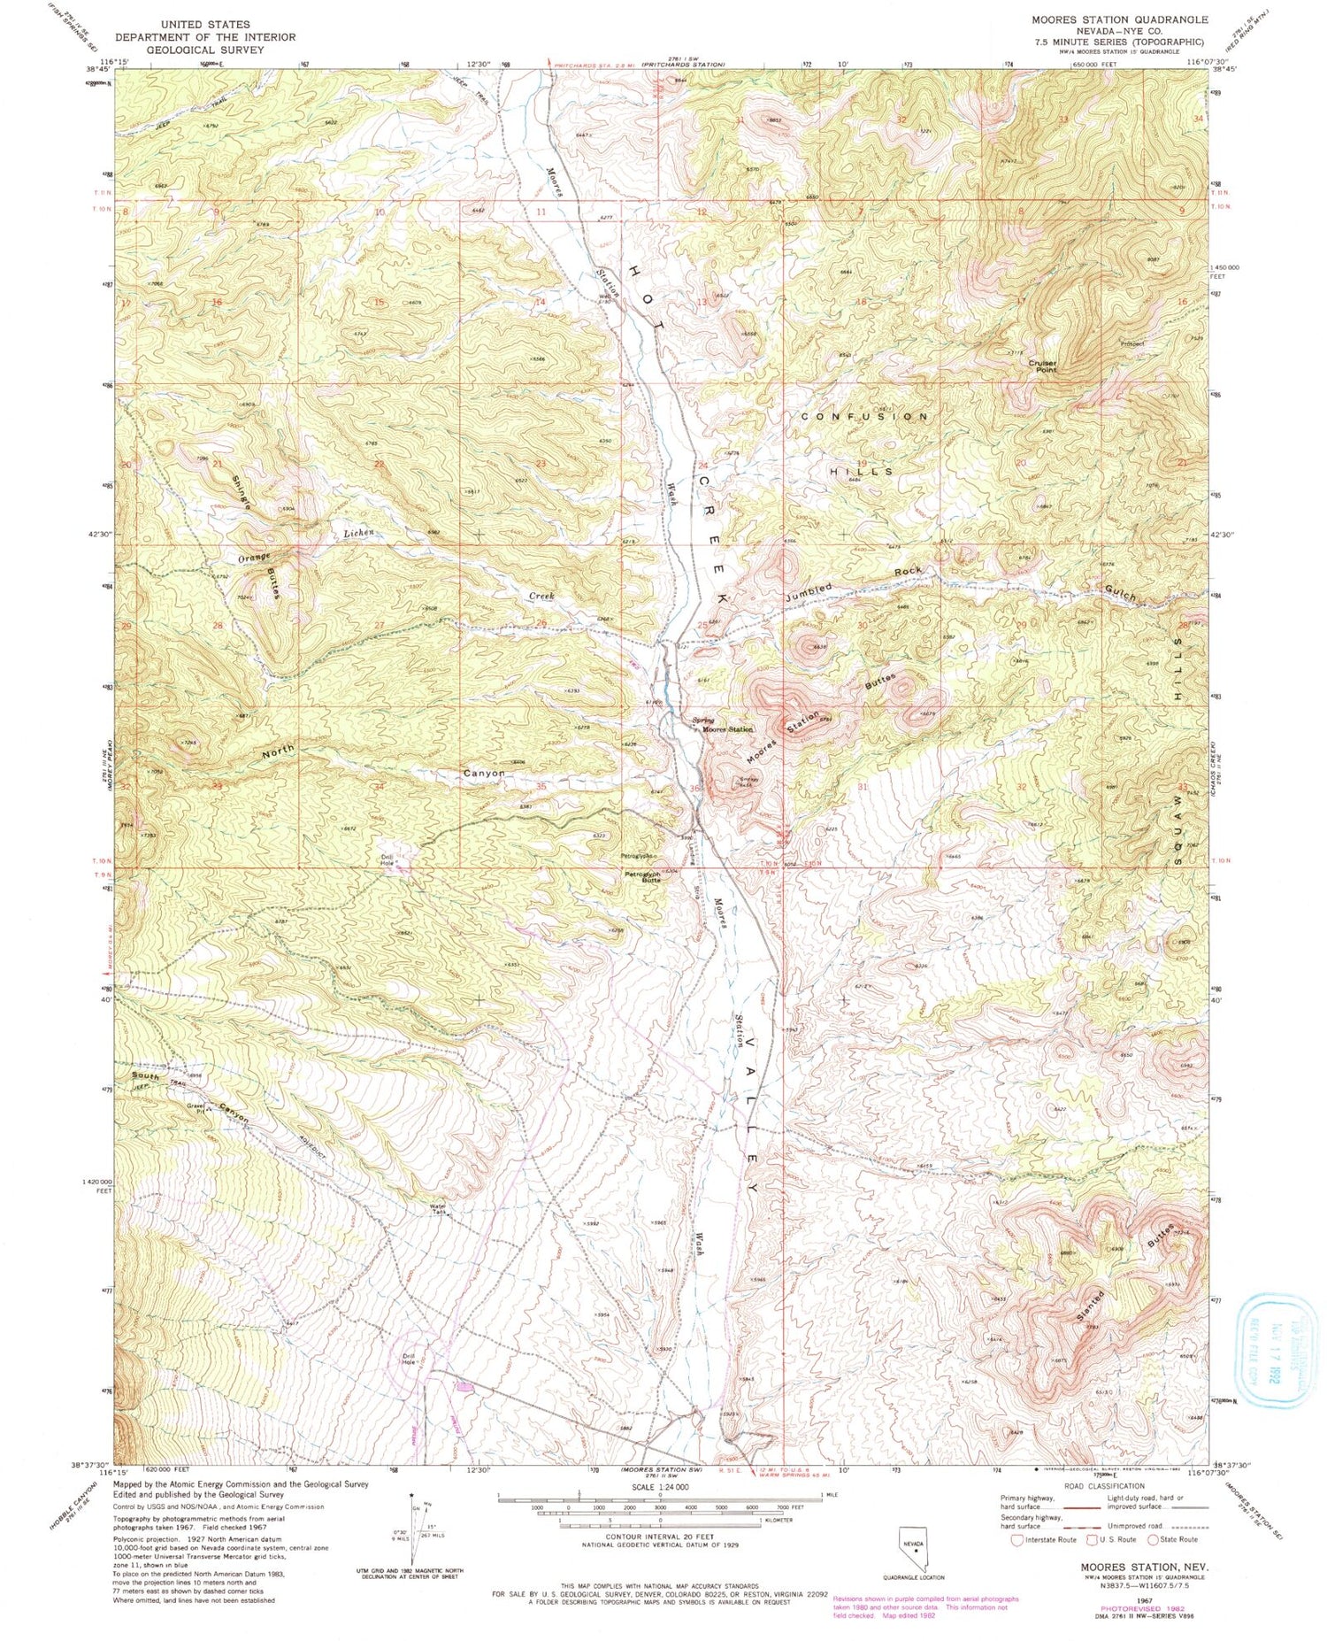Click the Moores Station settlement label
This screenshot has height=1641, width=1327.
click(727, 729)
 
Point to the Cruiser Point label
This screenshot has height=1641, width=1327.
click(1043, 366)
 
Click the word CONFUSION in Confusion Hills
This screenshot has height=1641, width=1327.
click(864, 416)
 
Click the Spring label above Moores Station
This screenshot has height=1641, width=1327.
click(704, 720)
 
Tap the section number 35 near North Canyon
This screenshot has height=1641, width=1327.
click(541, 786)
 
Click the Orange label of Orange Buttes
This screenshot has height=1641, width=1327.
click(253, 559)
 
